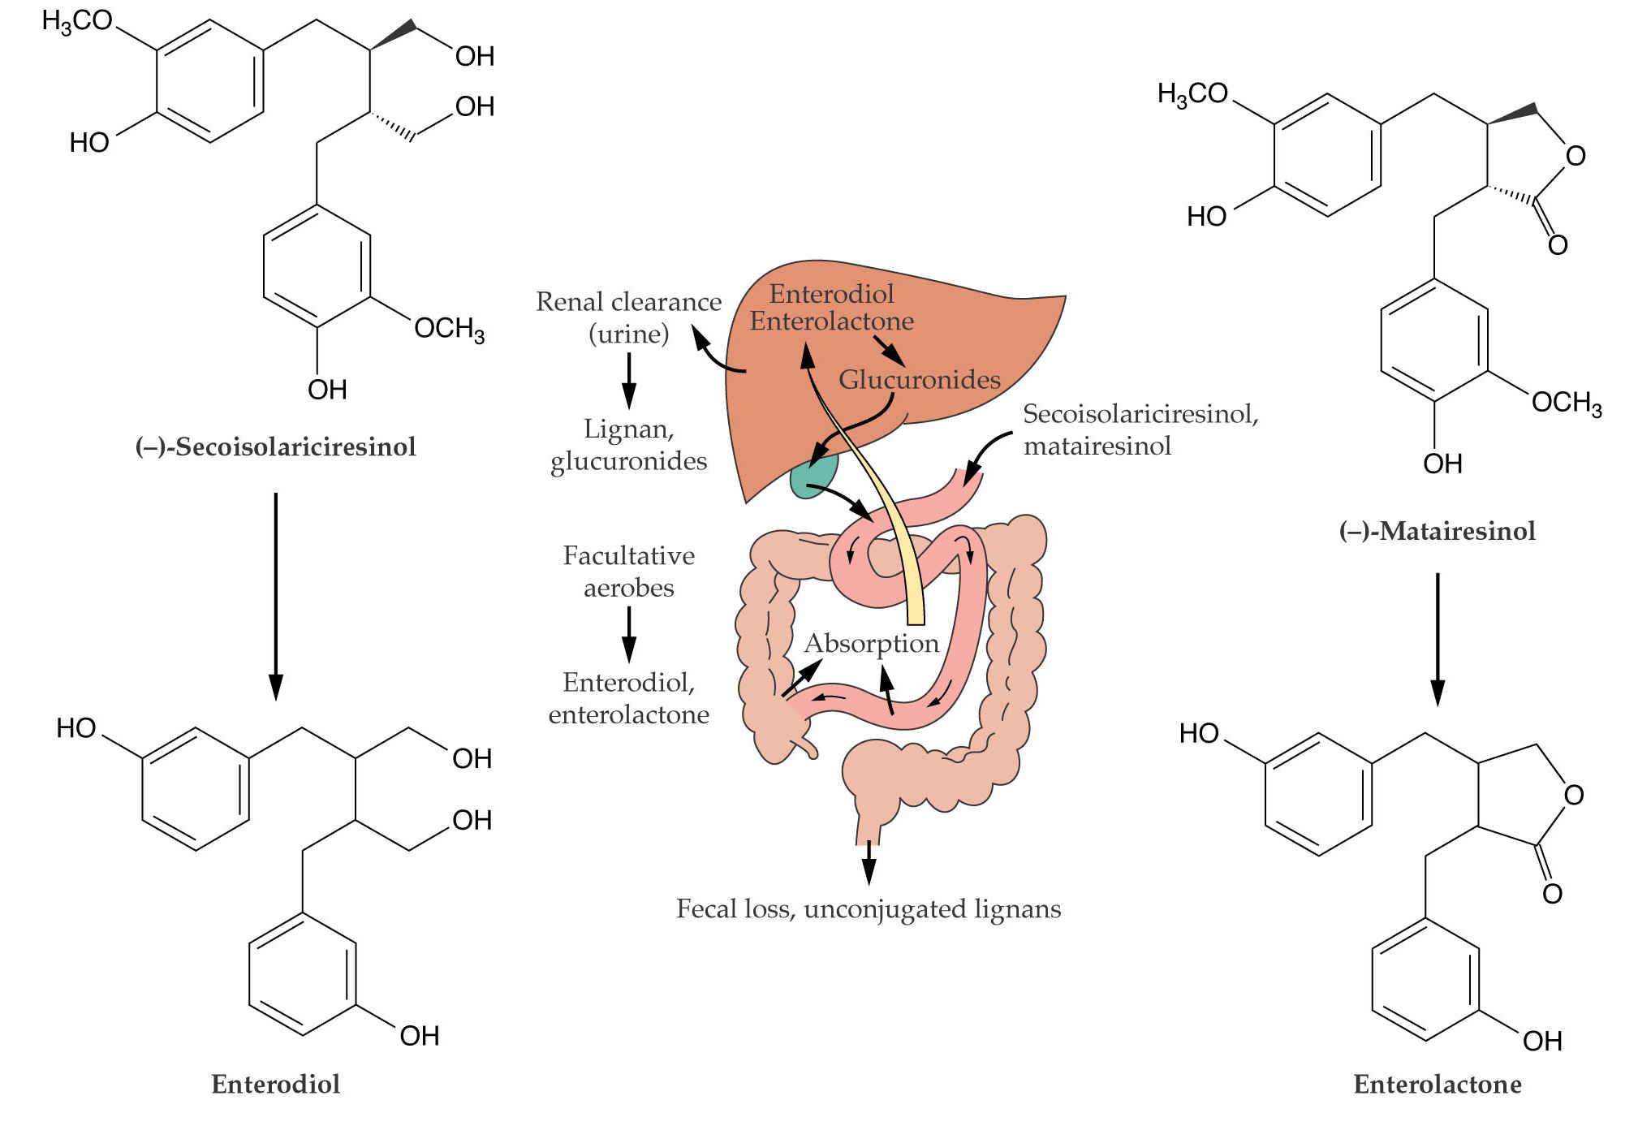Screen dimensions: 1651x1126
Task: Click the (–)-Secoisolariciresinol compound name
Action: click(276, 447)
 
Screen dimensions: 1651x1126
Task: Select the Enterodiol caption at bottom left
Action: click(276, 1084)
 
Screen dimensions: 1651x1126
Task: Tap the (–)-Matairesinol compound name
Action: click(1438, 531)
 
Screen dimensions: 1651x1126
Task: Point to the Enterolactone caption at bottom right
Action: click(1438, 1084)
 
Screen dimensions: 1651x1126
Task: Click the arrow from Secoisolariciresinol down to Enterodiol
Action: click(276, 596)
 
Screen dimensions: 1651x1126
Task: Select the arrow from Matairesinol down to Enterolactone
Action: click(1438, 640)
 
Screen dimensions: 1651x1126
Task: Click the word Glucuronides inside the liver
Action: click(920, 379)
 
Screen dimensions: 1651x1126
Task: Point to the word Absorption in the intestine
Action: click(871, 643)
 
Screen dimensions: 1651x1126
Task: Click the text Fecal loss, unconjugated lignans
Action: click(869, 908)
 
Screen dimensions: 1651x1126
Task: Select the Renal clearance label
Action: click(629, 302)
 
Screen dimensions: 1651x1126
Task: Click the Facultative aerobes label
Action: click(629, 572)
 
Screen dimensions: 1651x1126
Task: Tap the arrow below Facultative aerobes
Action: click(629, 635)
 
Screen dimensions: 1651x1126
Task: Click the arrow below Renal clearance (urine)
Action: click(629, 381)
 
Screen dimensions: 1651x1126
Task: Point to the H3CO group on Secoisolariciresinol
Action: click(77, 20)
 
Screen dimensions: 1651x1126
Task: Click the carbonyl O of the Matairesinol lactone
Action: click(1558, 244)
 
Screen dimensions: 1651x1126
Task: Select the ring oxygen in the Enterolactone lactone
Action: click(1574, 795)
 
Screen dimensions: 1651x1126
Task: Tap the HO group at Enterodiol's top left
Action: click(76, 728)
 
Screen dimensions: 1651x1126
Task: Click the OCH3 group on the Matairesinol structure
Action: click(1567, 403)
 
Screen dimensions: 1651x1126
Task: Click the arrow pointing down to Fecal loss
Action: click(869, 862)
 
